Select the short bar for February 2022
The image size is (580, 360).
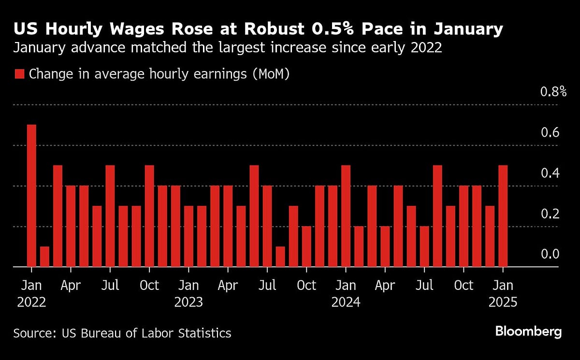[x=44, y=256]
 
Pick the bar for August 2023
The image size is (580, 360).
[x=280, y=256]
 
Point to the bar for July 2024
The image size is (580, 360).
[x=424, y=246]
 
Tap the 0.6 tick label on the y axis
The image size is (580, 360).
[x=550, y=132]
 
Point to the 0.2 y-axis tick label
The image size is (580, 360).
[x=550, y=214]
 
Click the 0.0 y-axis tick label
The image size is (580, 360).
[x=550, y=254]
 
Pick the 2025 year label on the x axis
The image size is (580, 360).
[x=503, y=302]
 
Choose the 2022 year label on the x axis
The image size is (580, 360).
[x=31, y=302]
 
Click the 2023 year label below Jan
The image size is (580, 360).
[x=188, y=302]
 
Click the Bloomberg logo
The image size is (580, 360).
[x=528, y=331]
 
